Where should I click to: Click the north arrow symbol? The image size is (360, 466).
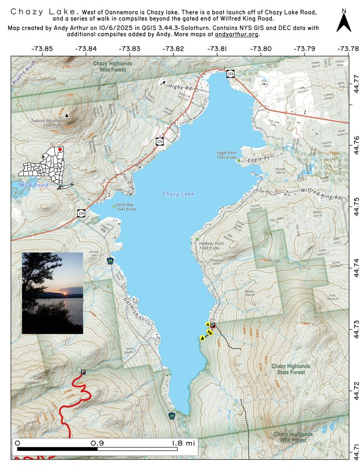coord(344,21)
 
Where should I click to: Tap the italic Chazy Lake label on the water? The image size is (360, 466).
coord(178,194)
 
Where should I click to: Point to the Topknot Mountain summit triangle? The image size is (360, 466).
coord(67,116)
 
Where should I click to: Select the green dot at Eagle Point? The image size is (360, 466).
coord(238,161)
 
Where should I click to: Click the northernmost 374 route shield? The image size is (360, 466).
coord(231,74)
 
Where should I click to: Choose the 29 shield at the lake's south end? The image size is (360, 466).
coord(172,416)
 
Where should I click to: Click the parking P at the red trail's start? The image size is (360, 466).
coord(83,372)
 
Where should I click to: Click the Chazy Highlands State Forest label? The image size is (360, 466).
coord(291,369)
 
